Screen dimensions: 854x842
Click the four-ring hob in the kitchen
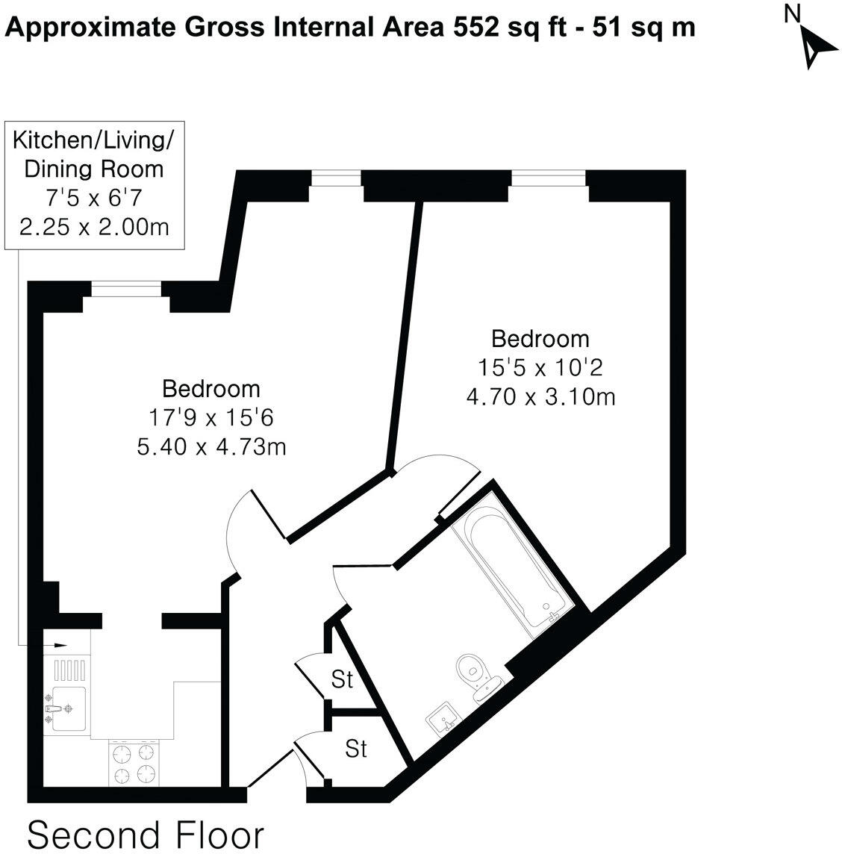point(135,763)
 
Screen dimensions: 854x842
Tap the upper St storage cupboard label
point(342,680)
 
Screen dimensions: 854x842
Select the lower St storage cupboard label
point(356,749)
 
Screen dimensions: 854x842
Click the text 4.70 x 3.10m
point(540,396)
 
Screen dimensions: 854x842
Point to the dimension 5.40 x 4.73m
point(211,446)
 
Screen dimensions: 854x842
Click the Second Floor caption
point(146,834)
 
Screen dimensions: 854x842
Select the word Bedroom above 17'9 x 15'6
point(211,388)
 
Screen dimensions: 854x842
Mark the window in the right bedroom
point(549,178)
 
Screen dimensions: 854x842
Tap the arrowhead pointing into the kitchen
point(60,644)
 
